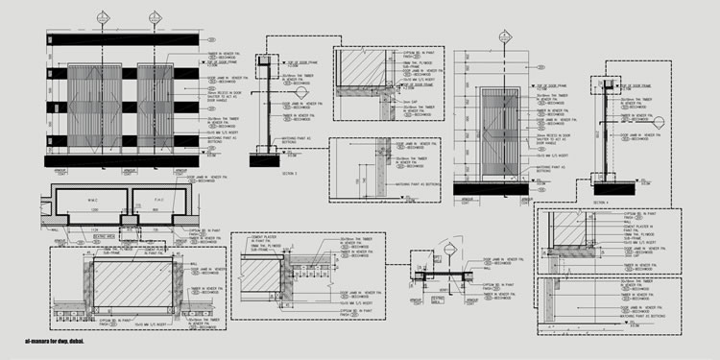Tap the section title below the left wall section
click(x=265, y=174)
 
